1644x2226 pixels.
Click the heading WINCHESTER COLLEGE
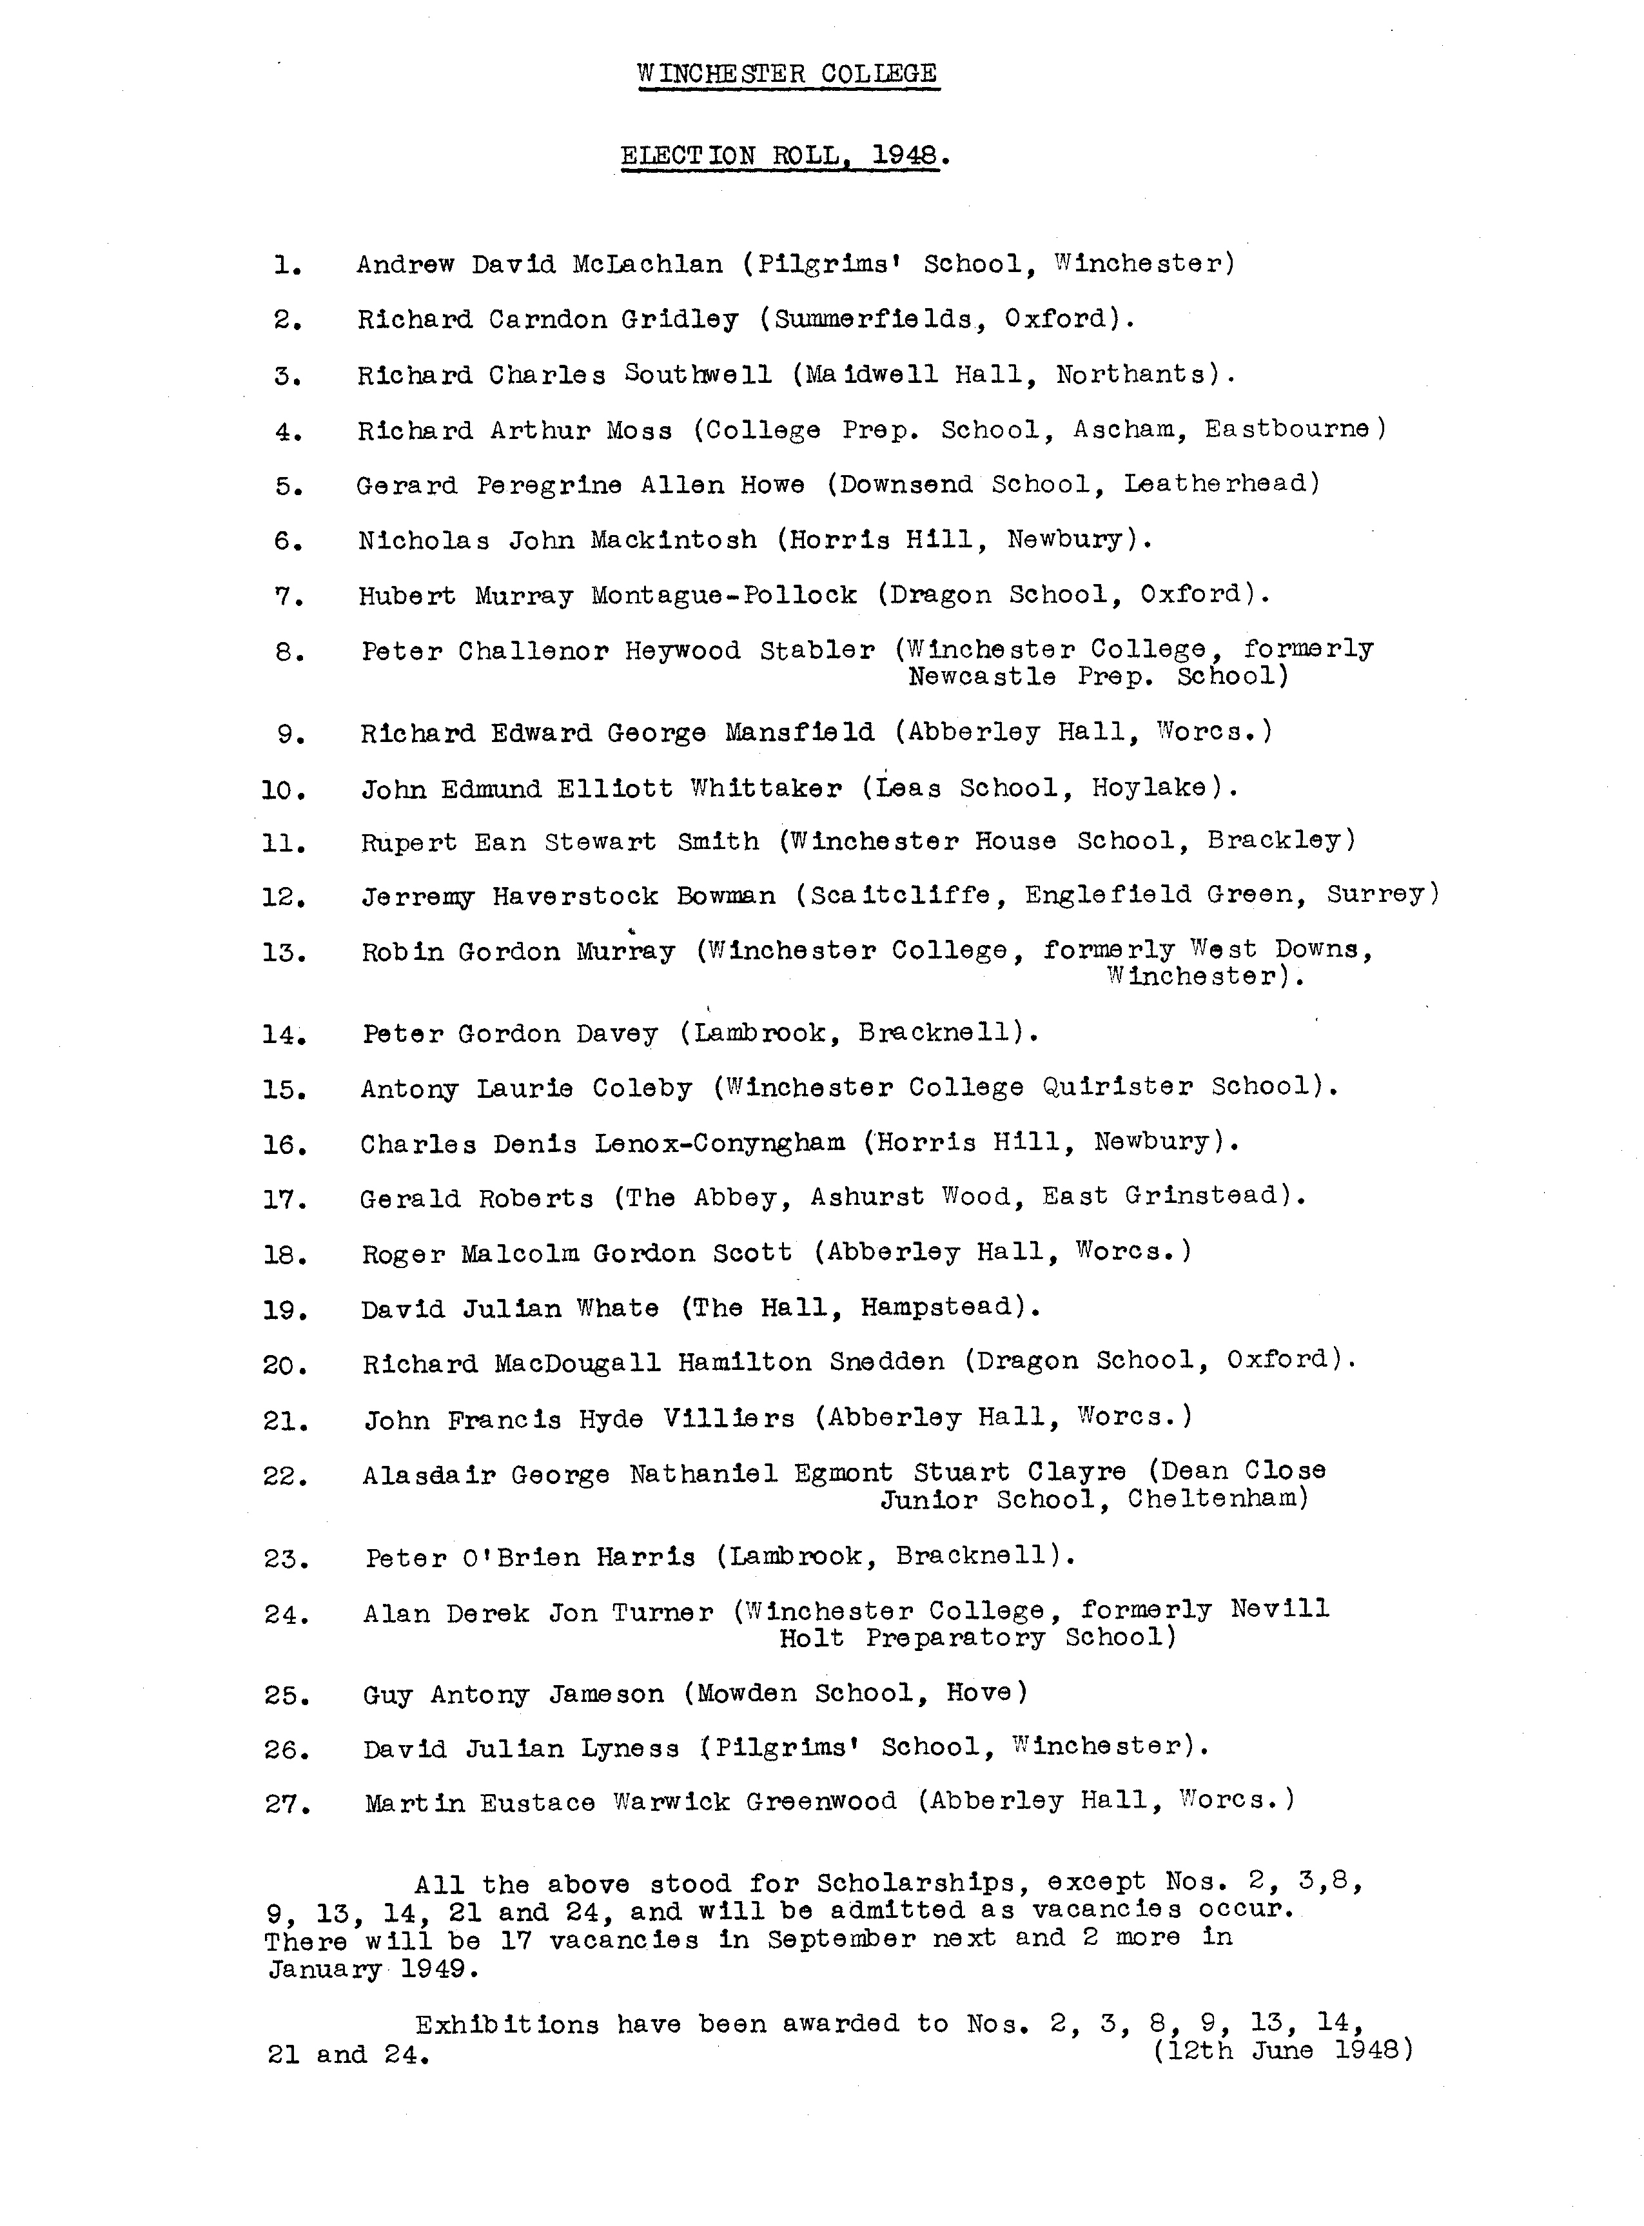point(787,73)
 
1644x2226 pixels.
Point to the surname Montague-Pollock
point(723,596)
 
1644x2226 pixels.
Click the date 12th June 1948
point(1283,2051)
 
